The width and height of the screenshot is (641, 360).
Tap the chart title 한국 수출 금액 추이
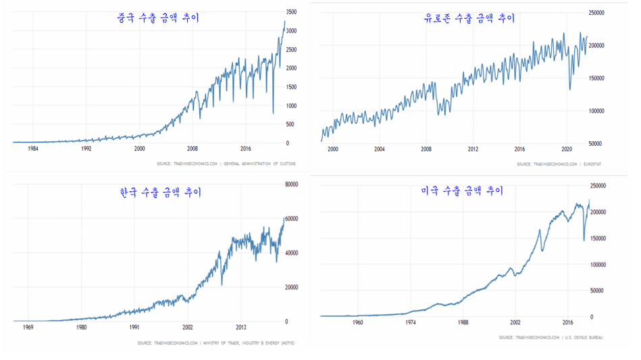pos(159,192)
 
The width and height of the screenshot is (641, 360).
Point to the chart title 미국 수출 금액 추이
pos(461,191)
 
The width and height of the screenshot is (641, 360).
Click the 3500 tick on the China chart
pos(291,13)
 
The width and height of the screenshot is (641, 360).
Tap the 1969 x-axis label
pos(29,328)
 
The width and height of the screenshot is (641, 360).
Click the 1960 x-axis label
pos(358,323)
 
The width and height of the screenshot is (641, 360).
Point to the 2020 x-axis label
pos(567,149)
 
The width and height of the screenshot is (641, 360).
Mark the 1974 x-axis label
pos(411,323)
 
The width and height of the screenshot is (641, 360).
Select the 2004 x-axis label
pos(379,149)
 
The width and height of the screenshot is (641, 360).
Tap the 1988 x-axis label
pos(463,323)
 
